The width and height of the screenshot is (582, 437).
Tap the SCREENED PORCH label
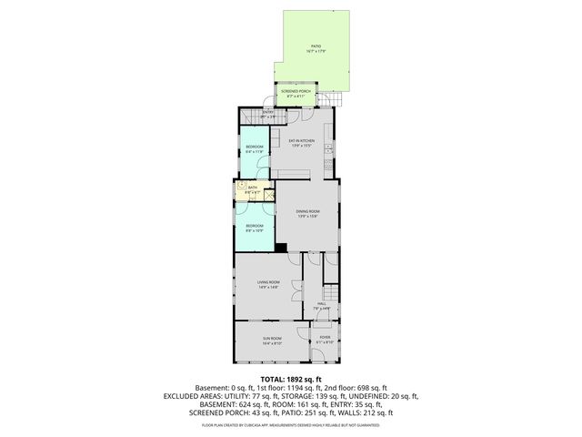coord(296,92)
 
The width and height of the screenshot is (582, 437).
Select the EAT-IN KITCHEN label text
coord(302,140)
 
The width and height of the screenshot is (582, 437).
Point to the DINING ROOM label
coord(307,212)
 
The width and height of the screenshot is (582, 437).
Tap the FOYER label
coord(324,339)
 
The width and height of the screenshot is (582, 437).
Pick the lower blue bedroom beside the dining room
coord(254,228)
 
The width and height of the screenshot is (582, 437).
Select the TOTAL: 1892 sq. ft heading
coord(291,379)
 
